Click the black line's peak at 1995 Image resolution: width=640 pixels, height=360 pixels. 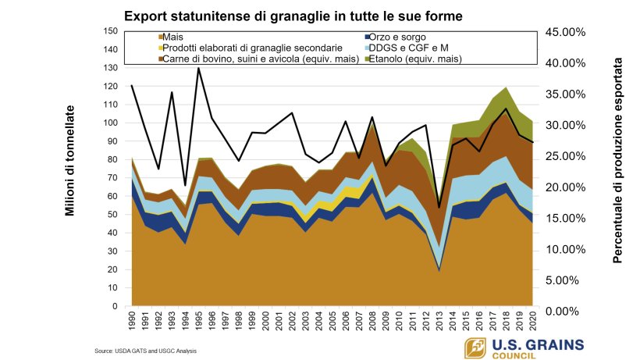click(199, 68)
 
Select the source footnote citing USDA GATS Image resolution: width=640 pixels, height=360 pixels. click(145, 351)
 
